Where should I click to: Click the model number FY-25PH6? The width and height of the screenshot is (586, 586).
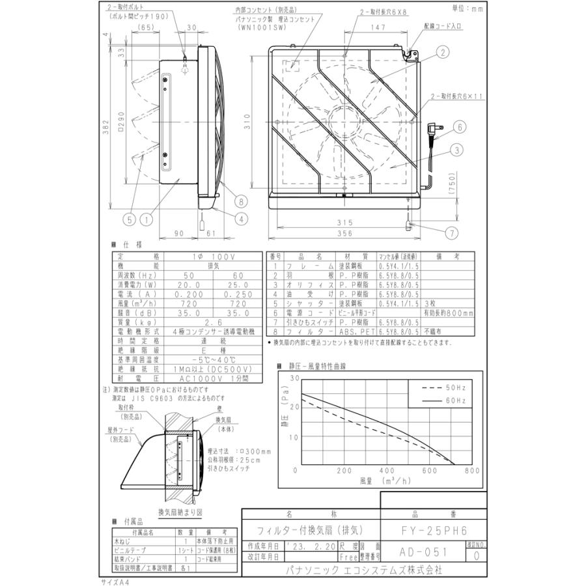click(433, 530)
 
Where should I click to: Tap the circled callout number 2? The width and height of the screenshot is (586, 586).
click(442, 52)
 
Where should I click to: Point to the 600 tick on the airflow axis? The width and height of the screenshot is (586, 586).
click(430, 469)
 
